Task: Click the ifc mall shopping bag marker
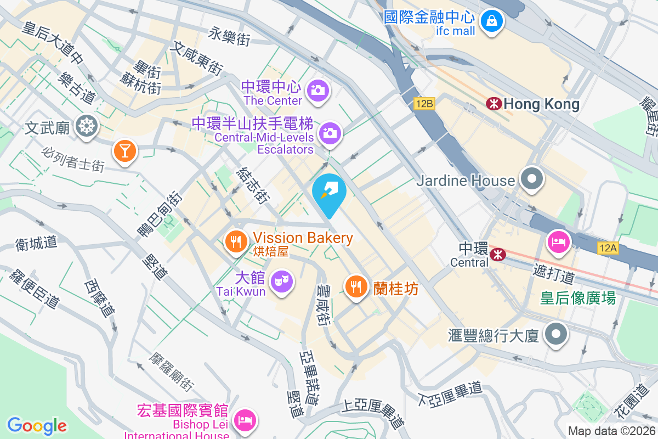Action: click(492, 21)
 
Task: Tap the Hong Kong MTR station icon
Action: click(493, 103)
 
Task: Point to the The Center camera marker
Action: click(317, 89)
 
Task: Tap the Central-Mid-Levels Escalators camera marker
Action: click(330, 132)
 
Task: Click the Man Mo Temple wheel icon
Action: click(86, 126)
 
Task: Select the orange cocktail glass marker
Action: click(124, 150)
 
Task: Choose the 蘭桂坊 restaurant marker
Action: click(356, 286)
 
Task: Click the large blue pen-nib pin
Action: click(329, 192)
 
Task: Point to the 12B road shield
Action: click(424, 103)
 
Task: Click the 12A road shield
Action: click(608, 248)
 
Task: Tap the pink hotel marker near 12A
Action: click(558, 242)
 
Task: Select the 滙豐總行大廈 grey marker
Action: click(556, 333)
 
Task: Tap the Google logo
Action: click(37, 425)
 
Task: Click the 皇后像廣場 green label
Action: click(578, 298)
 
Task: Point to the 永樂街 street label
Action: click(229, 37)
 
